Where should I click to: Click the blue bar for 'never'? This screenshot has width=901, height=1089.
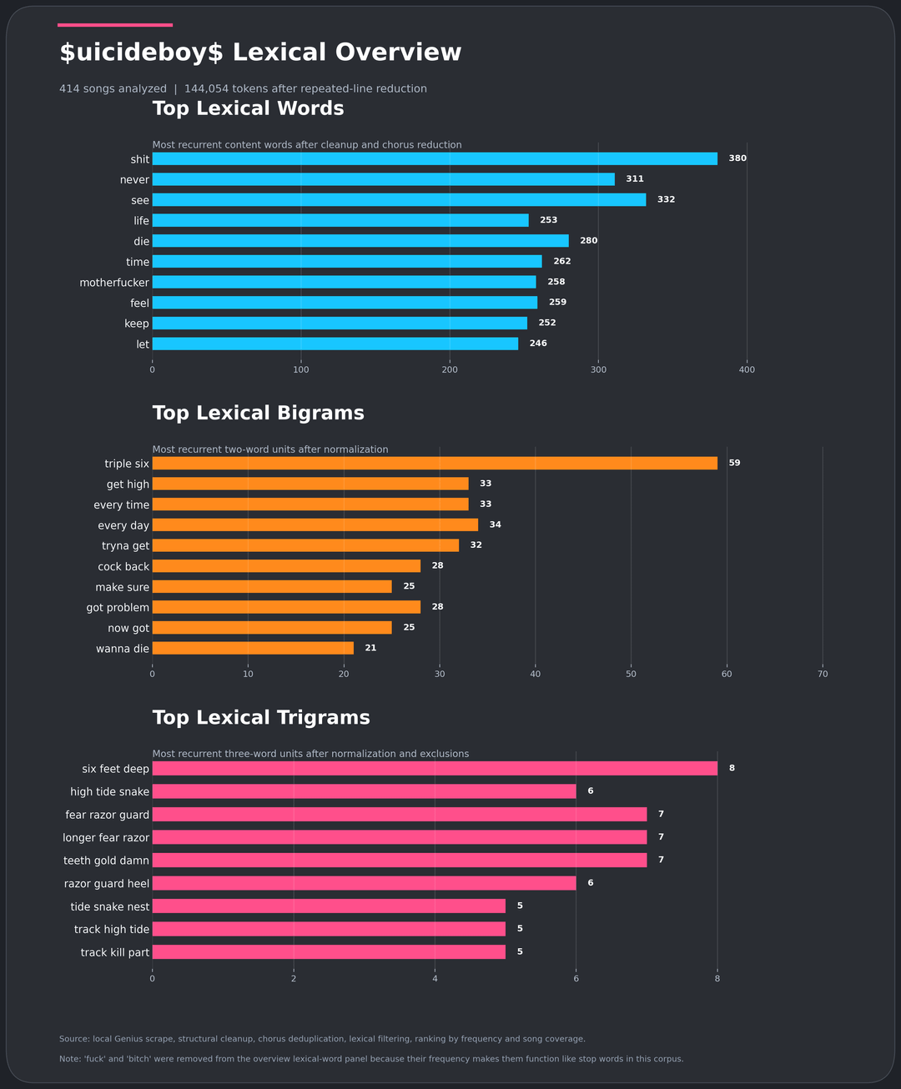[383, 179]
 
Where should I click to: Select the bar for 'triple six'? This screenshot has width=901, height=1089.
[434, 463]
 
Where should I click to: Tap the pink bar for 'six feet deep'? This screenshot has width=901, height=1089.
[434, 768]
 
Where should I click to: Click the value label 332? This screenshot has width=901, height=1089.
[666, 200]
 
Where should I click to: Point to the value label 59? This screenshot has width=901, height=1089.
[734, 463]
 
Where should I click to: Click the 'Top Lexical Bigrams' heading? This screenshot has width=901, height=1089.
[258, 414]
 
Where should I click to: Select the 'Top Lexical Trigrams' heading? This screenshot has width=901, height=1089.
[261, 718]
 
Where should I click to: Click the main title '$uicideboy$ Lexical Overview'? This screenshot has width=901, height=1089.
[260, 53]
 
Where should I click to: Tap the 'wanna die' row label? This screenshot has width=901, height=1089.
[123, 649]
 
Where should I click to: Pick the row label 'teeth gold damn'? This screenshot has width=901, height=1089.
[107, 861]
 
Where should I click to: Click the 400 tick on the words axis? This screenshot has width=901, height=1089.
[747, 369]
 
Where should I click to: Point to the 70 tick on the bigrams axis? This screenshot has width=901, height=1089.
[823, 674]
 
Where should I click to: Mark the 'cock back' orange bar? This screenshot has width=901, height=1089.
[286, 566]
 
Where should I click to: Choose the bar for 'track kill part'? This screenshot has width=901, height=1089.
[329, 951]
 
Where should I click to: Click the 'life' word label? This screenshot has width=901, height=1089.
[142, 221]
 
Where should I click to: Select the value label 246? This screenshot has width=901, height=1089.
[538, 344]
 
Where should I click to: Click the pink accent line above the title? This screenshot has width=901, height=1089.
[115, 25]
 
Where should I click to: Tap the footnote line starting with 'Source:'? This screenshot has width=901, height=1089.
[322, 1039]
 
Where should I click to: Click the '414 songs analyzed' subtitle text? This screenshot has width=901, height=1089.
[113, 88]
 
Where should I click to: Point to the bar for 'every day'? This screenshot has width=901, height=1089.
[315, 524]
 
